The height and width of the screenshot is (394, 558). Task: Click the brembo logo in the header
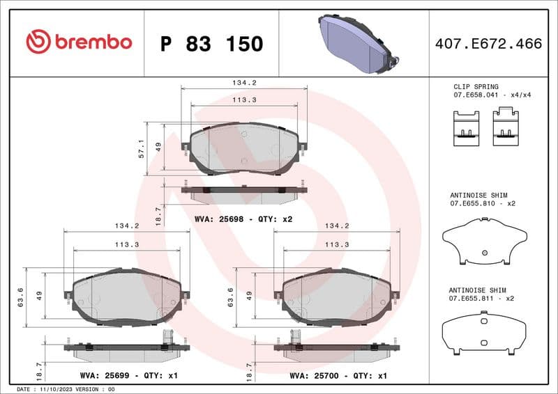click(x=79, y=42)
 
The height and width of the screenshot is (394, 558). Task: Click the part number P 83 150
click(x=211, y=44)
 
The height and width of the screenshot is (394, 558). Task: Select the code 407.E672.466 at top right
click(x=488, y=44)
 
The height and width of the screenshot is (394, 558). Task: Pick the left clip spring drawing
click(x=466, y=127)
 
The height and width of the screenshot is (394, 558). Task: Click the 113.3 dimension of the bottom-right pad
click(x=337, y=244)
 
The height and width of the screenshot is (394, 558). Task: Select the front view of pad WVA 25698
click(x=243, y=148)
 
